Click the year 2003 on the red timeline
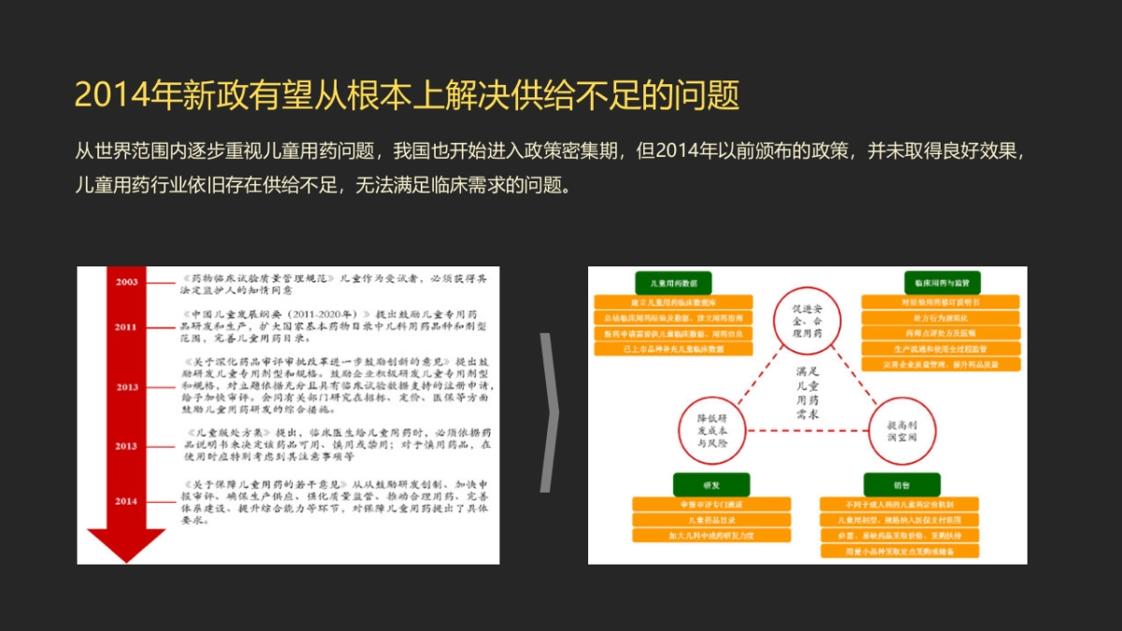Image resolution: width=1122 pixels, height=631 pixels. point(127,281)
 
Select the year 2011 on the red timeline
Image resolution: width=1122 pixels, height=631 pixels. point(127,327)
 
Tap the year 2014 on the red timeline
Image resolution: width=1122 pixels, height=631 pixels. point(126,502)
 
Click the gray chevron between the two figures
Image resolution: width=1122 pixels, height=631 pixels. point(550,412)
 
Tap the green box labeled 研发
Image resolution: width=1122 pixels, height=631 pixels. point(712,485)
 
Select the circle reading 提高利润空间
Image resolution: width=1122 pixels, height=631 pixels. point(902,431)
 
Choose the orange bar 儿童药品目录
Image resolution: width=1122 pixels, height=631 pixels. point(712,520)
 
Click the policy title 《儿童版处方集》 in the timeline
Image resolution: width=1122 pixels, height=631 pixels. point(230,434)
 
